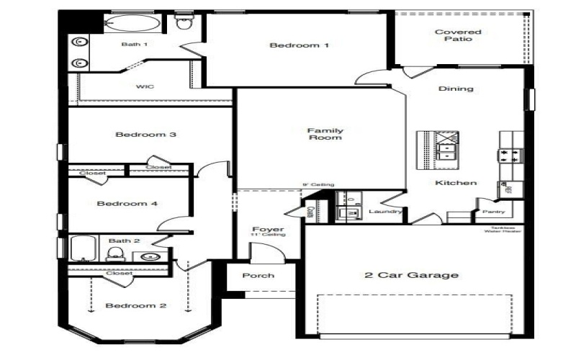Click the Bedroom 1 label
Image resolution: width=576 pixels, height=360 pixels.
click(x=299, y=45)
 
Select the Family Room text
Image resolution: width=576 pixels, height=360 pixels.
click(x=325, y=134)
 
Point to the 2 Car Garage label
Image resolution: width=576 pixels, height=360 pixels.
click(x=411, y=275)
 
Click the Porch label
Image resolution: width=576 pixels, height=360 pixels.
click(x=258, y=276)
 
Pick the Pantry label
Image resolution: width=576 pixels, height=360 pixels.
click(x=494, y=212)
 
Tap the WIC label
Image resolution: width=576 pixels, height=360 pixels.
click(x=145, y=86)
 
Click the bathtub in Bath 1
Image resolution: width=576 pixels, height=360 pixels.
click(x=132, y=23)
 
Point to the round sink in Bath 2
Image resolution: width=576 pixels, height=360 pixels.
click(x=150, y=256)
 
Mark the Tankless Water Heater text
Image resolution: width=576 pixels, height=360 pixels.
click(x=503, y=229)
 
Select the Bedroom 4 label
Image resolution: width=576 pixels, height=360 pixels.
click(x=127, y=204)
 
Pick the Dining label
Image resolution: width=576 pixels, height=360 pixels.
click(x=456, y=89)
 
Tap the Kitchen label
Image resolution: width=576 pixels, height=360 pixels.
click(x=456, y=183)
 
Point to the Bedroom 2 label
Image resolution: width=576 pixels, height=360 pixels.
click(x=136, y=306)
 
